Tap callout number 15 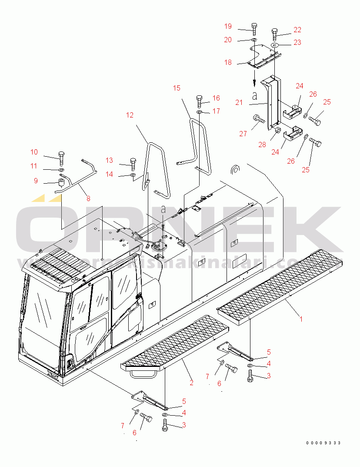(176, 88)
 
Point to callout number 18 (228, 62)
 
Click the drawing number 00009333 (323, 443)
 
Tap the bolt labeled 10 (61, 157)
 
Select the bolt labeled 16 (200, 101)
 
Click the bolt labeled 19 (254, 29)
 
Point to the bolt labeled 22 (274, 34)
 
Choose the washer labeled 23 (275, 45)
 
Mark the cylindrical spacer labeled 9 (62, 180)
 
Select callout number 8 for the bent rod (88, 198)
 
